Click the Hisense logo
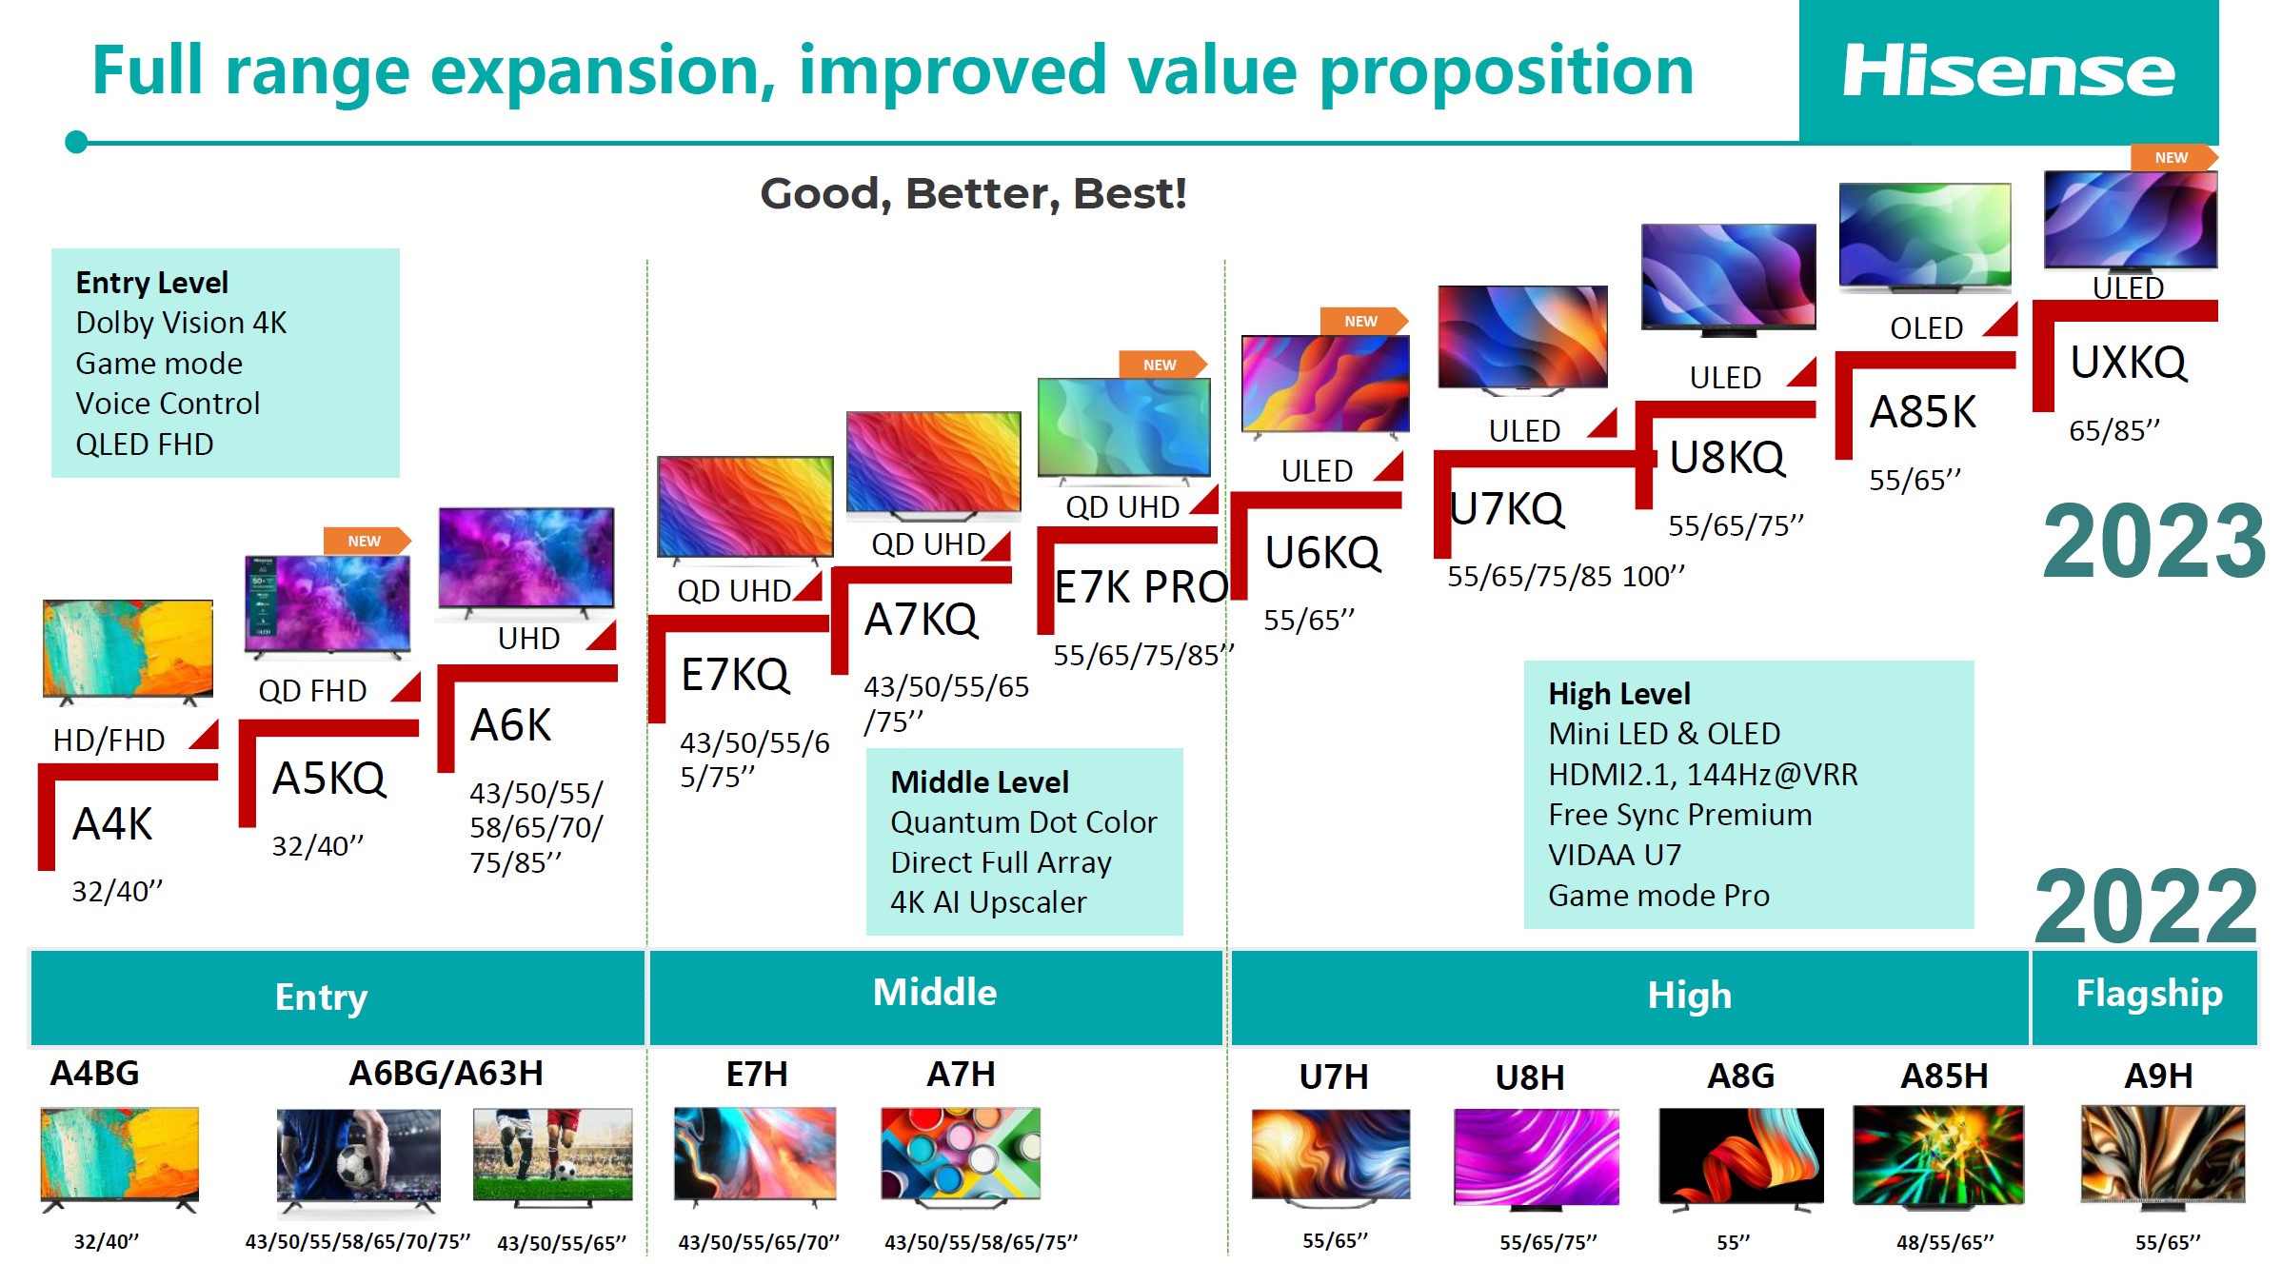2008,71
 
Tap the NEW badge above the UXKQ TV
2171,158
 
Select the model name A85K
1922,412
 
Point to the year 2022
2146,905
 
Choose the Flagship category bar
2148,995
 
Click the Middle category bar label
934,993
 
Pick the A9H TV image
2162,1155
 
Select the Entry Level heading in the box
152,283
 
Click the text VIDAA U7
1615,855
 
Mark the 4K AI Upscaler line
988,902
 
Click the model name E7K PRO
1141,587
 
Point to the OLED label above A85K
1926,328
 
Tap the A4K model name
112,824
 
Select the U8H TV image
1536,1156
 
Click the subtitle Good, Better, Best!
973,194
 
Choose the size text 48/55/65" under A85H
1944,1242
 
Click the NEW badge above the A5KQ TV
365,541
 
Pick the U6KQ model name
1322,553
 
